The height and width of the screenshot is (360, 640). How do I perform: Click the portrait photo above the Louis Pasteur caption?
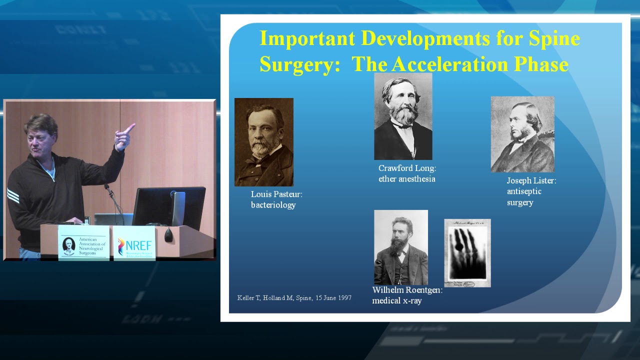coord(263,142)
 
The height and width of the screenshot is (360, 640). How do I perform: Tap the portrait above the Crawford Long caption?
coord(403,116)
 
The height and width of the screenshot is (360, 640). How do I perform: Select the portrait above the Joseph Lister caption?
coord(522,134)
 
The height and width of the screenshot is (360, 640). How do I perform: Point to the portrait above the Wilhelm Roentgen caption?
coord(400,247)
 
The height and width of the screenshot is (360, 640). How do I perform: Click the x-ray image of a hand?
coord(467,253)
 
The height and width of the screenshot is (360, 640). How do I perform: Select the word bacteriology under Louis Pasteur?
coord(273,205)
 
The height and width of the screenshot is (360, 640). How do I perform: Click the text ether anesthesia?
coord(406,179)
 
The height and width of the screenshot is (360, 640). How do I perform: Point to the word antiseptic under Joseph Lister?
coord(524,191)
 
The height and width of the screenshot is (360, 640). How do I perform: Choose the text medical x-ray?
coord(397,301)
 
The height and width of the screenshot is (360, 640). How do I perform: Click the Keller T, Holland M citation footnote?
coord(294,298)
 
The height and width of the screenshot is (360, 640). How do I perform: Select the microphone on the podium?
coord(107,188)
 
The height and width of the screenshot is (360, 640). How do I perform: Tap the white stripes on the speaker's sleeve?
coord(13,195)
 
